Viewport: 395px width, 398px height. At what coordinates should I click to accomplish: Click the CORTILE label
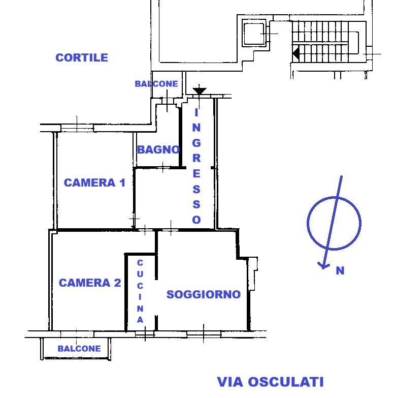click(82, 57)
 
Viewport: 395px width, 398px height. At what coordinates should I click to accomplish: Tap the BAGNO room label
click(158, 149)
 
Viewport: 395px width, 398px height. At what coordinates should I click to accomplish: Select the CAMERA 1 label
click(94, 182)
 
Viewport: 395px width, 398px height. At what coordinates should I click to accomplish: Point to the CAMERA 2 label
click(90, 283)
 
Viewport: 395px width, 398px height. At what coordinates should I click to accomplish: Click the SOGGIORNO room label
click(203, 294)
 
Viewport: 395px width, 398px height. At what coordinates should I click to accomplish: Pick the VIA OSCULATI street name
click(270, 382)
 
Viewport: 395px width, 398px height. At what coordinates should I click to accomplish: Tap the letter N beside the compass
click(340, 271)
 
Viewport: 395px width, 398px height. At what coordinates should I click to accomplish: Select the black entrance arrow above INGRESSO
click(200, 91)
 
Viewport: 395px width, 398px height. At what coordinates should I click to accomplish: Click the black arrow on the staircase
click(295, 52)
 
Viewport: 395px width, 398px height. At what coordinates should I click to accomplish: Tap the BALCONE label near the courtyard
click(156, 84)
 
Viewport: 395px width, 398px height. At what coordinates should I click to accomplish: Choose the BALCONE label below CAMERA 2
click(79, 349)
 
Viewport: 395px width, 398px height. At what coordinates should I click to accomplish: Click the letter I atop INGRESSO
click(196, 113)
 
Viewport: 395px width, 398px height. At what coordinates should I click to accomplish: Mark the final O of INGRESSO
click(196, 220)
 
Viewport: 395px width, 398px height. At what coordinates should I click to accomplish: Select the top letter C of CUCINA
click(140, 263)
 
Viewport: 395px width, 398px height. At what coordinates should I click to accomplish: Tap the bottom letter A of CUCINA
click(140, 320)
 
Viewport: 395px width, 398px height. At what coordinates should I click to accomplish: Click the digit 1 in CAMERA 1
click(121, 182)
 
